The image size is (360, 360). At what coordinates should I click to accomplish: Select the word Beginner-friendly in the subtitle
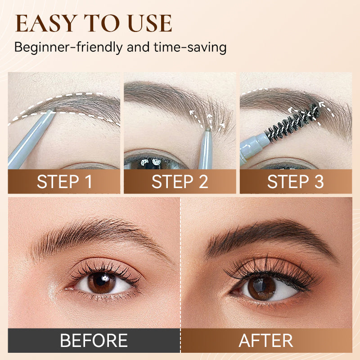click(x=68, y=47)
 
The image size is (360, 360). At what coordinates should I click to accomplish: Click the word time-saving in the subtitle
click(x=190, y=47)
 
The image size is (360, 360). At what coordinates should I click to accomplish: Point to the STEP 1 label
click(x=64, y=182)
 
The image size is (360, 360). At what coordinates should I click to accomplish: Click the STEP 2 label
click(x=180, y=182)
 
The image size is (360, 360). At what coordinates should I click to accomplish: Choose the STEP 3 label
click(x=296, y=182)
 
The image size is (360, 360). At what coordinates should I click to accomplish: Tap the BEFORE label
click(x=94, y=341)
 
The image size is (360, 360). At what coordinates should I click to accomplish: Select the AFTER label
click(x=266, y=341)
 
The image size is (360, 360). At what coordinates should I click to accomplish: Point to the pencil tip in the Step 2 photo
click(x=208, y=130)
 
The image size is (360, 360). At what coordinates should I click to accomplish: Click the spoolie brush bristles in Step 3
click(x=292, y=121)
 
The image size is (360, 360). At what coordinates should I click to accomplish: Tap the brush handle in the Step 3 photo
click(x=254, y=147)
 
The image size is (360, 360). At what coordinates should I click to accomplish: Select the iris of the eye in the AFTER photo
click(x=262, y=288)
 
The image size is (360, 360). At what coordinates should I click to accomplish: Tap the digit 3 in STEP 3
click(x=319, y=182)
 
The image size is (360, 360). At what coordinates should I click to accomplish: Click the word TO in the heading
click(x=102, y=23)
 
